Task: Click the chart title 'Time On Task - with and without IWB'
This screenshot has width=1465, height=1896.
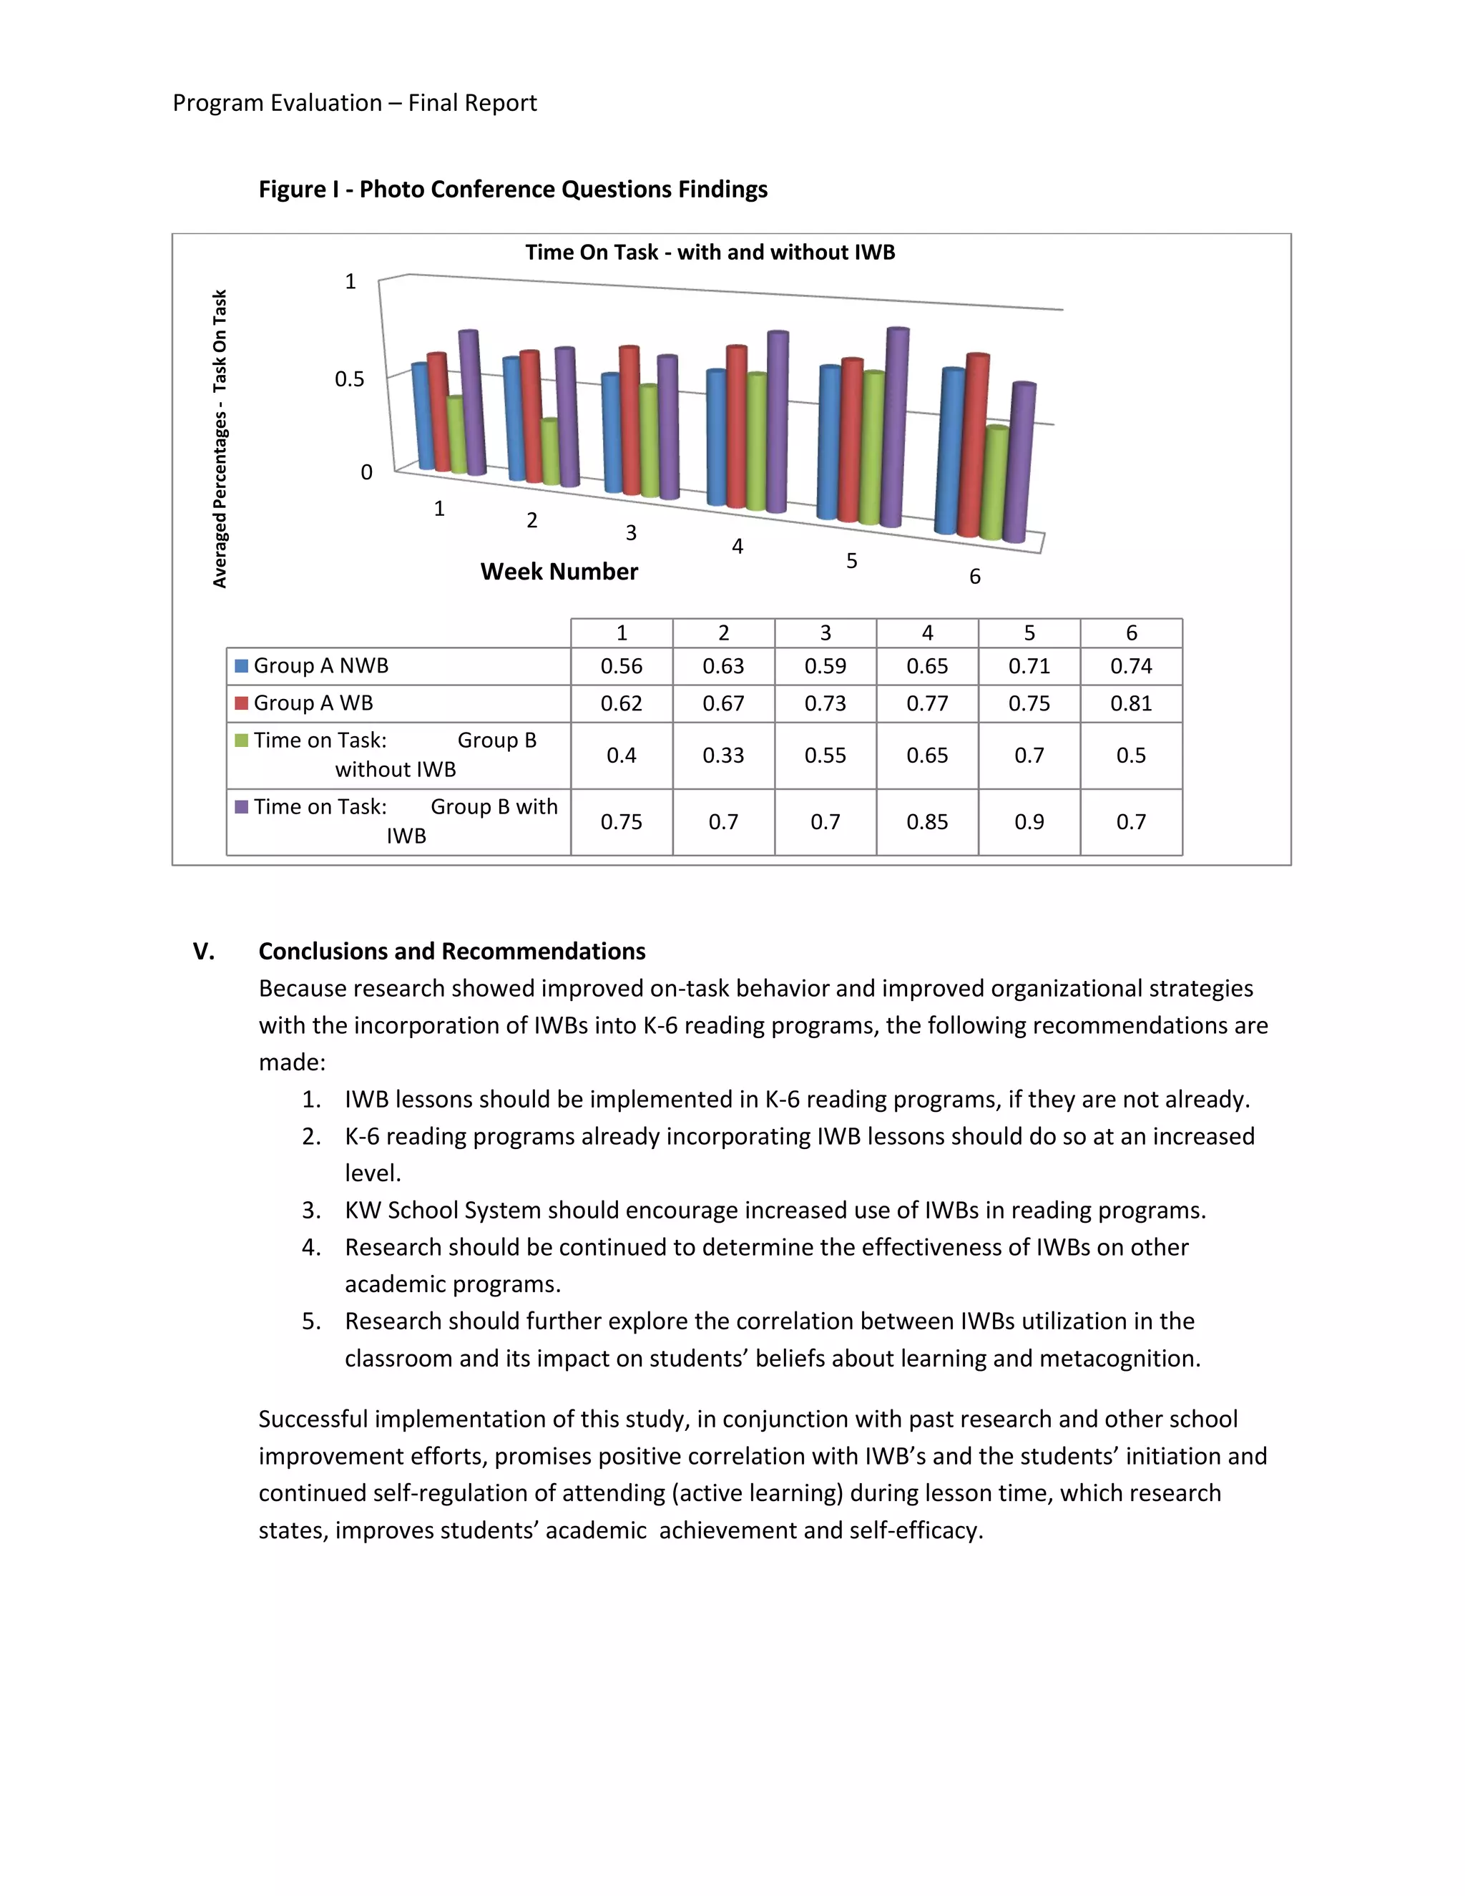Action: click(x=710, y=253)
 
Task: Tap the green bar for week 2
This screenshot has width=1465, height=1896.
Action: click(x=549, y=453)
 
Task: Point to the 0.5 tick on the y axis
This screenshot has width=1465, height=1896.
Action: click(x=350, y=379)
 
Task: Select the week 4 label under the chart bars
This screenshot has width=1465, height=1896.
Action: click(x=738, y=547)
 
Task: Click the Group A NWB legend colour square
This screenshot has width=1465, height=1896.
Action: click(x=241, y=666)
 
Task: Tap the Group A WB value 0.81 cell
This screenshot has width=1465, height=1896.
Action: click(x=1131, y=703)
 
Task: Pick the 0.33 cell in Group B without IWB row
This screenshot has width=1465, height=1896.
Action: click(x=723, y=756)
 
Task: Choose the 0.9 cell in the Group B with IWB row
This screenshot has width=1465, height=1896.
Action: click(x=1029, y=822)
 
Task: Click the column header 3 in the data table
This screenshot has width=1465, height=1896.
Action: click(x=825, y=633)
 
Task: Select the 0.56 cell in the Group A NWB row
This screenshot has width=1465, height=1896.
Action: click(x=622, y=666)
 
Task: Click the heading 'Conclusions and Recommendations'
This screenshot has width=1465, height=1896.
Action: click(x=451, y=952)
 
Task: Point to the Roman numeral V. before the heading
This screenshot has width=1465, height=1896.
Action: click(x=204, y=952)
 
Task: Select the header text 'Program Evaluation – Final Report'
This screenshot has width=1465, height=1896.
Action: click(x=354, y=103)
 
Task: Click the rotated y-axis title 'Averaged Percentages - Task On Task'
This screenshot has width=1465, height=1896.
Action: click(x=220, y=439)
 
